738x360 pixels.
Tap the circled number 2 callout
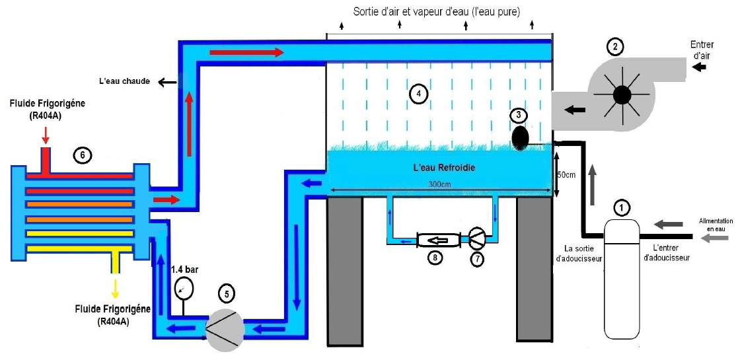[615, 46]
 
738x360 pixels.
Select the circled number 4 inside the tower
[418, 94]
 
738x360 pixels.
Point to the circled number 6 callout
[81, 155]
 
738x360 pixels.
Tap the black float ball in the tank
[521, 137]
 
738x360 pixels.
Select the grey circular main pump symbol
[225, 328]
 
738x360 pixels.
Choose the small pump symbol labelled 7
[476, 237]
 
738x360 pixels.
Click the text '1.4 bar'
[185, 270]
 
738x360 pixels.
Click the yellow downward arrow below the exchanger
[116, 289]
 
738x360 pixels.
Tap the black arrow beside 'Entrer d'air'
[699, 67]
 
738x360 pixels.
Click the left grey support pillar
[345, 271]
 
